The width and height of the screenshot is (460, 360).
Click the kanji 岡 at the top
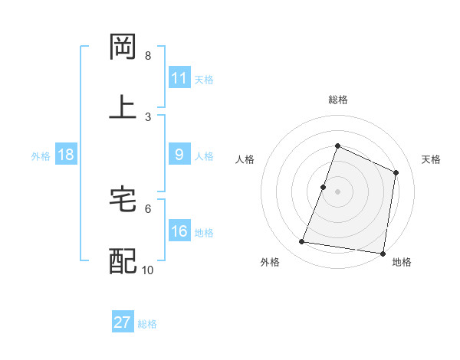(123, 47)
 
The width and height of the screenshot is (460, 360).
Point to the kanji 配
(123, 261)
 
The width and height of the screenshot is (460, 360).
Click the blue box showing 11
(179, 78)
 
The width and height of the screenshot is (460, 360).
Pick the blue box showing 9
(179, 155)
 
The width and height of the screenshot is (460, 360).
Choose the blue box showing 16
(179, 231)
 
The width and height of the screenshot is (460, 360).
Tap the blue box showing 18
(66, 155)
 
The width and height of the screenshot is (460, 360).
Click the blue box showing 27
(123, 322)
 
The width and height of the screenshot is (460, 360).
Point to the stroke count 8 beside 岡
(148, 56)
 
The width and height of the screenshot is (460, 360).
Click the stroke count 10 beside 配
(148, 270)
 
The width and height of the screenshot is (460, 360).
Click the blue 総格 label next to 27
(148, 323)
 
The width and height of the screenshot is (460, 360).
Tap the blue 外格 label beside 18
(41, 155)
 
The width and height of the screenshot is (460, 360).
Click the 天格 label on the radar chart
(431, 159)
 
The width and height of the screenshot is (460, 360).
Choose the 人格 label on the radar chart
(245, 159)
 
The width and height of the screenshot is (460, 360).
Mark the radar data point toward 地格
(383, 254)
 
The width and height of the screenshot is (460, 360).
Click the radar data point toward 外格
(302, 242)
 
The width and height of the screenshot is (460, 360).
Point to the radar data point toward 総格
(337, 146)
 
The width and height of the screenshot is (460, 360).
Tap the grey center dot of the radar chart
(337, 191)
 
